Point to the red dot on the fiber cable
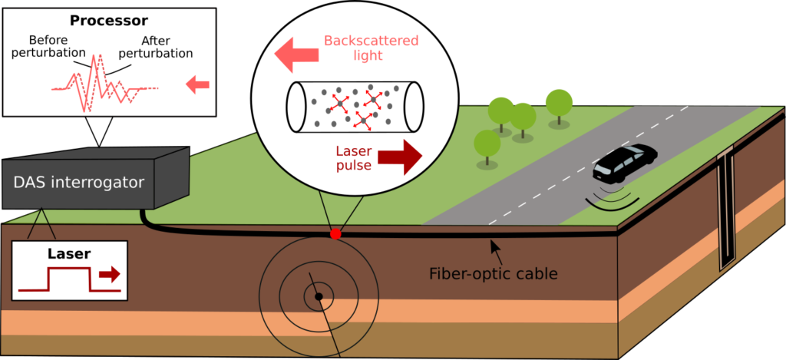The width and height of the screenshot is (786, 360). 335,233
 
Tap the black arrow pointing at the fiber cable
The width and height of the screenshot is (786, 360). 497,247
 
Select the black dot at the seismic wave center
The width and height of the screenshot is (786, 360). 318,296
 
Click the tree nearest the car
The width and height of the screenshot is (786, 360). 558,104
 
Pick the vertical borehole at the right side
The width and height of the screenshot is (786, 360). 725,212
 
